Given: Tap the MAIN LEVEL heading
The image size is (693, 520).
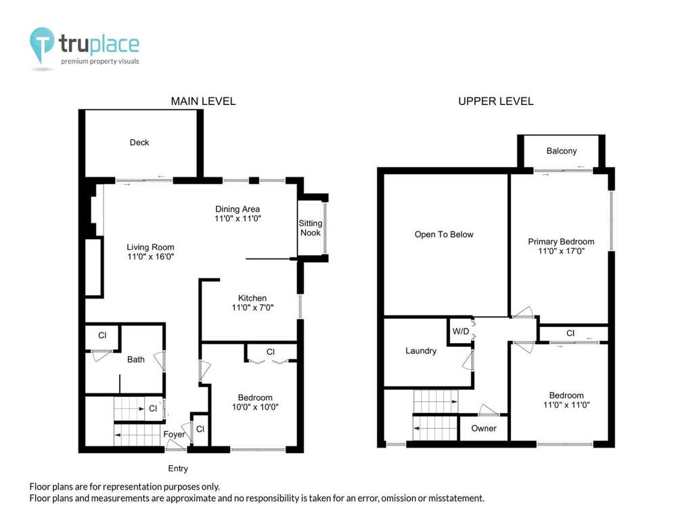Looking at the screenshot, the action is coord(203,102).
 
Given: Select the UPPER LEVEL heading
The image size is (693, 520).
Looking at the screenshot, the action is coord(496,102).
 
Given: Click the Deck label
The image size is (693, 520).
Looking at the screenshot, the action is coord(139,142).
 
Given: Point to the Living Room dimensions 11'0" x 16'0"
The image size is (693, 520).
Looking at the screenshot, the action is coord(151,257).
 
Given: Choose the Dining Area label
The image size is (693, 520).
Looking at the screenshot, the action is coord(238,209).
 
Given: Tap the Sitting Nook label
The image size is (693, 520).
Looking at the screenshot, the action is coord(310,228).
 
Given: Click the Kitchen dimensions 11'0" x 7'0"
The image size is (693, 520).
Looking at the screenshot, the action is coord(253,307).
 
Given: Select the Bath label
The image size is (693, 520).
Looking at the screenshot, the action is coord(135,360).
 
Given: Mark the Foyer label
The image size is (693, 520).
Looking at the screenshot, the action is coord(174,434).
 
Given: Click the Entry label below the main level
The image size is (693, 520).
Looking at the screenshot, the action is coord(178,469).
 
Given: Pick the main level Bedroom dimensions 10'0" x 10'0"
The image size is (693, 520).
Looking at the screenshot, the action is coord(255,407).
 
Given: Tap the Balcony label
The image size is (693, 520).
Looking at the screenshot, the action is coord(562,151).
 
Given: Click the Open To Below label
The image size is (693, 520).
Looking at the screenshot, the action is coord(444,234).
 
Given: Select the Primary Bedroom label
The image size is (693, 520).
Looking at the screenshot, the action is coord(561,242).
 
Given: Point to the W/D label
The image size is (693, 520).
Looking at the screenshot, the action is coord(460,331).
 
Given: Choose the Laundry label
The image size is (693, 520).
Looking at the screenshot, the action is coord(421,351).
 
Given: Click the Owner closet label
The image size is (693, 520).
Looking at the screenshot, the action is coord(483,428).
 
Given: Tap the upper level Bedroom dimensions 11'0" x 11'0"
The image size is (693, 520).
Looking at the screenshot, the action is coord(566,405).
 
